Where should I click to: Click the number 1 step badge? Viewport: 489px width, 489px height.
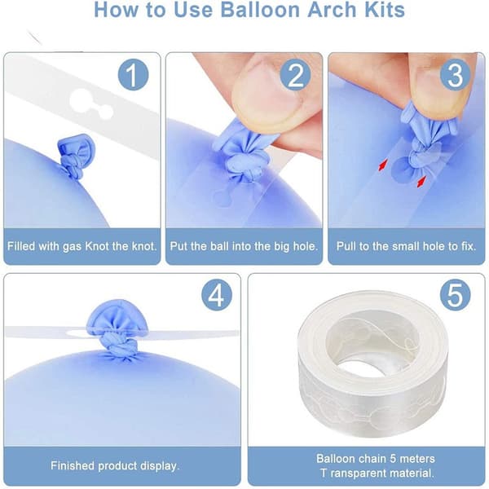click(133, 74)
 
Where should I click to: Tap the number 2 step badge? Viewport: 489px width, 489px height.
click(295, 74)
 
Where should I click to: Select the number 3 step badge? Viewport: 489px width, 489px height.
click(456, 74)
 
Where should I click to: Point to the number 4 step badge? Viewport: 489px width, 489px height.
click(217, 295)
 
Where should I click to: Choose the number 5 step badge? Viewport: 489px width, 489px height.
click(456, 295)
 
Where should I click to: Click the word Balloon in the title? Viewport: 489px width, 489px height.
click(261, 10)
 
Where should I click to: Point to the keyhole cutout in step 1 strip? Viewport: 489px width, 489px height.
click(90, 104)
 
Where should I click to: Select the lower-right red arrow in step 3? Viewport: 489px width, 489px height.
click(421, 182)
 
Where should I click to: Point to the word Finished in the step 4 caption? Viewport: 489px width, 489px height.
click(73, 465)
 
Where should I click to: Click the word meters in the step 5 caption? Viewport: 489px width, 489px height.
click(417, 459)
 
